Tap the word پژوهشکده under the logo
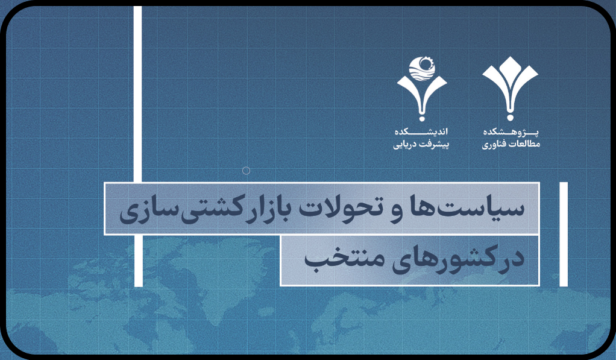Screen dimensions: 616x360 point(511,131)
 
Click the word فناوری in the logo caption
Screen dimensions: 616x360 point(494,145)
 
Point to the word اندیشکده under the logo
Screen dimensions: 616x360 point(421,131)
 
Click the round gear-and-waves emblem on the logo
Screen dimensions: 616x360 point(422,69)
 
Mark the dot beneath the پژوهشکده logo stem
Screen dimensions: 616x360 point(510,117)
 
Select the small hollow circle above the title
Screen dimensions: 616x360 point(246,171)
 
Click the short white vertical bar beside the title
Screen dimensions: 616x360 point(564,234)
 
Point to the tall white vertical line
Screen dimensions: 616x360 point(138,146)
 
